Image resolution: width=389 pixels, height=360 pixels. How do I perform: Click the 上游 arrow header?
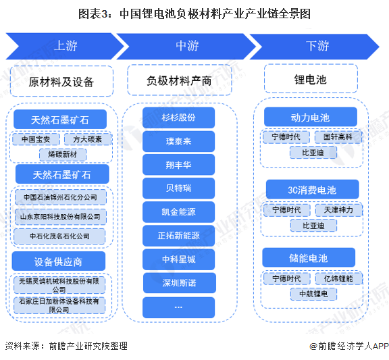[65, 46]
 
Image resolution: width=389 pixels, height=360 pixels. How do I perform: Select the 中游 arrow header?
[186, 47]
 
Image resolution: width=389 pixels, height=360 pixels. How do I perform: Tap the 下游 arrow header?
[315, 47]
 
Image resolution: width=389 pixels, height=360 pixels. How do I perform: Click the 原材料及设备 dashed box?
[61, 81]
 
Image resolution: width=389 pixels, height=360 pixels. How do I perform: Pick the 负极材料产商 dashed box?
[180, 80]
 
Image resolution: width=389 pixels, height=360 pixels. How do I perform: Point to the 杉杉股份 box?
[178, 118]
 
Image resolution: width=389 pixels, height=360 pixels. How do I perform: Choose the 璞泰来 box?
[178, 141]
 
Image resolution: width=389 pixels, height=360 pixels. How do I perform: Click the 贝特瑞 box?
[178, 188]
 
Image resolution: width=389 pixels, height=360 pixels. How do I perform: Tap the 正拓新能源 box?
[178, 236]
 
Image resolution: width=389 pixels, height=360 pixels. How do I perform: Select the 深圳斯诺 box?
[180, 283]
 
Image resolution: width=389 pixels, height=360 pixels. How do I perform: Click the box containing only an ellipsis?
[178, 307]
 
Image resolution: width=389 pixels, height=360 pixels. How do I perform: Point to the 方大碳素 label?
[88, 139]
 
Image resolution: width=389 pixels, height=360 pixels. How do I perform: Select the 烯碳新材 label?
[63, 155]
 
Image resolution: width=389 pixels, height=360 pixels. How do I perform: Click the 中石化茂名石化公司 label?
[59, 236]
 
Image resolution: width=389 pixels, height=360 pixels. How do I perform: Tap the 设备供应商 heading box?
[59, 261]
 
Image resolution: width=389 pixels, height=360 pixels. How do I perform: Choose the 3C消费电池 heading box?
[312, 190]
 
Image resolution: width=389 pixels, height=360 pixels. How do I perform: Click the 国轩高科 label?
[338, 137]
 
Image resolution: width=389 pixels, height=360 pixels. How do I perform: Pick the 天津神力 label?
[338, 210]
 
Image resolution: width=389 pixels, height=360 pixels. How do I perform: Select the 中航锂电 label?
[313, 294]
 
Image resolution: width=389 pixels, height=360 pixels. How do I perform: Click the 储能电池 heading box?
[309, 257]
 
